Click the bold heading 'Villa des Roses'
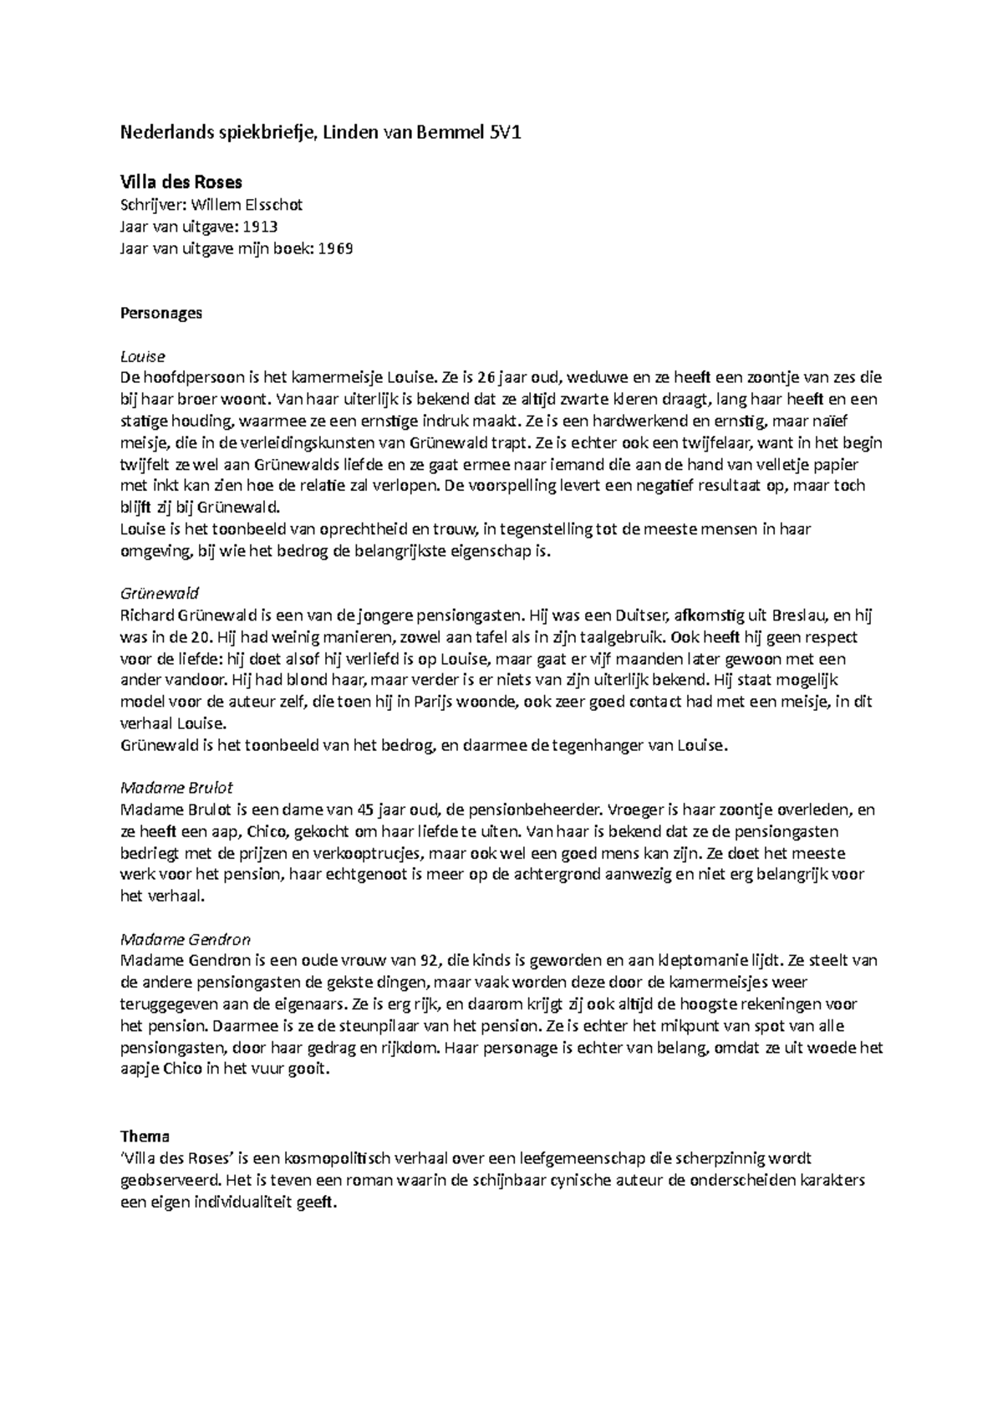click(x=181, y=182)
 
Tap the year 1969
click(x=335, y=248)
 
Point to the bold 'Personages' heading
click(x=161, y=314)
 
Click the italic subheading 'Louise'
click(x=143, y=356)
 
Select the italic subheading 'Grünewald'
click(x=160, y=594)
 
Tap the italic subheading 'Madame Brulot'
click(x=176, y=788)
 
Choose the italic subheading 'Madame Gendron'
click(x=186, y=939)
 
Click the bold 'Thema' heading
click(x=145, y=1136)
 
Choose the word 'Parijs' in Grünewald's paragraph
click(x=434, y=702)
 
